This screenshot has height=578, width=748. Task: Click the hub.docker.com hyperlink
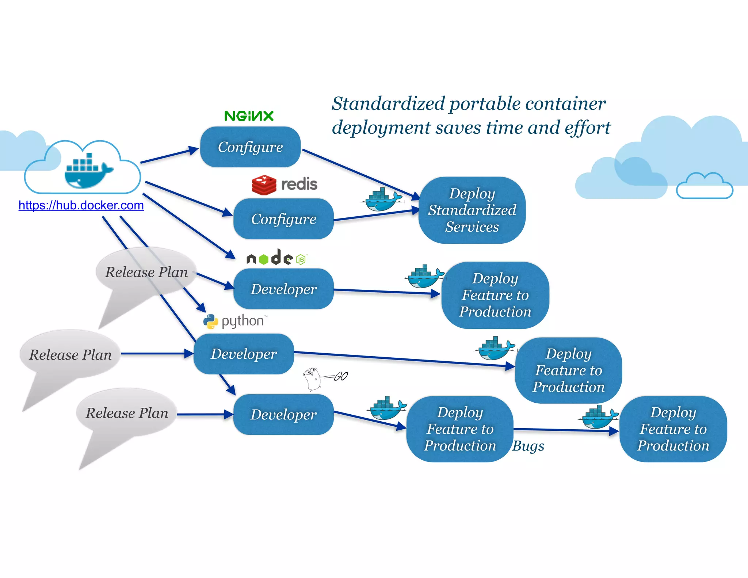coord(81,205)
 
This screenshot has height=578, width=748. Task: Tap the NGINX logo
coord(249,116)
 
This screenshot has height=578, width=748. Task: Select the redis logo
coord(285,185)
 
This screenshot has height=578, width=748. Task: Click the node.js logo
coord(277,258)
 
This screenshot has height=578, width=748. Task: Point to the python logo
coord(235,321)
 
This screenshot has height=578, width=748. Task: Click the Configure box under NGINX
coord(251,147)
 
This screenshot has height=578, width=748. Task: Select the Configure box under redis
coord(283,219)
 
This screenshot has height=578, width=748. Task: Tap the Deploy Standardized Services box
coord(472,210)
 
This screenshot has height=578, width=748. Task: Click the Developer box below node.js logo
coord(283,289)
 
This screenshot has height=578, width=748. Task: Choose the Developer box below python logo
coord(244,354)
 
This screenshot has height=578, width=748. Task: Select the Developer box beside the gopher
coord(283,414)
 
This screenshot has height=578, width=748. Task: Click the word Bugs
coord(528,446)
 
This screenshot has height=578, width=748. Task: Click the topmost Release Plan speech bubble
coord(146,272)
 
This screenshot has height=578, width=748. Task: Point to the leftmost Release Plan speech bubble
coord(70,355)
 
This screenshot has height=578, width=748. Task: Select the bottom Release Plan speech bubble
coord(127,413)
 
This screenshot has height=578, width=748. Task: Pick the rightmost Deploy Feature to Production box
coord(673,429)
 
